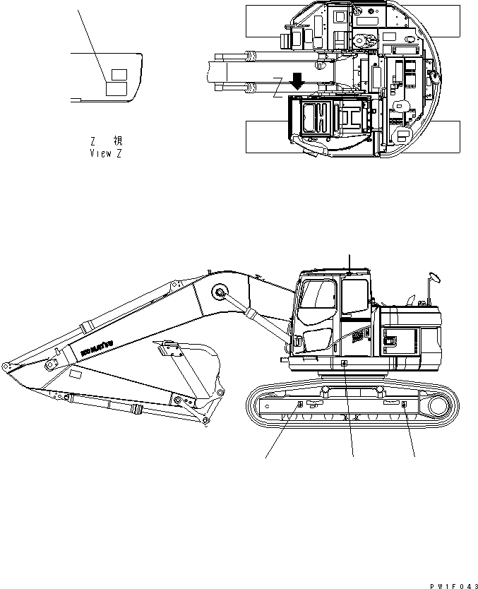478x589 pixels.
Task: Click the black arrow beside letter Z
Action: point(297,80)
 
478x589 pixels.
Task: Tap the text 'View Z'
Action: point(105,153)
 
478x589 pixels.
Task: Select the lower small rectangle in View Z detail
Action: point(116,88)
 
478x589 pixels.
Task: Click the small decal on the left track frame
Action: point(299,404)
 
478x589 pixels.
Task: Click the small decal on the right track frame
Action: point(403,405)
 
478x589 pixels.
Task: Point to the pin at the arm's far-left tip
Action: point(5,367)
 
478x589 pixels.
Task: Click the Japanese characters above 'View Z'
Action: point(106,141)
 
